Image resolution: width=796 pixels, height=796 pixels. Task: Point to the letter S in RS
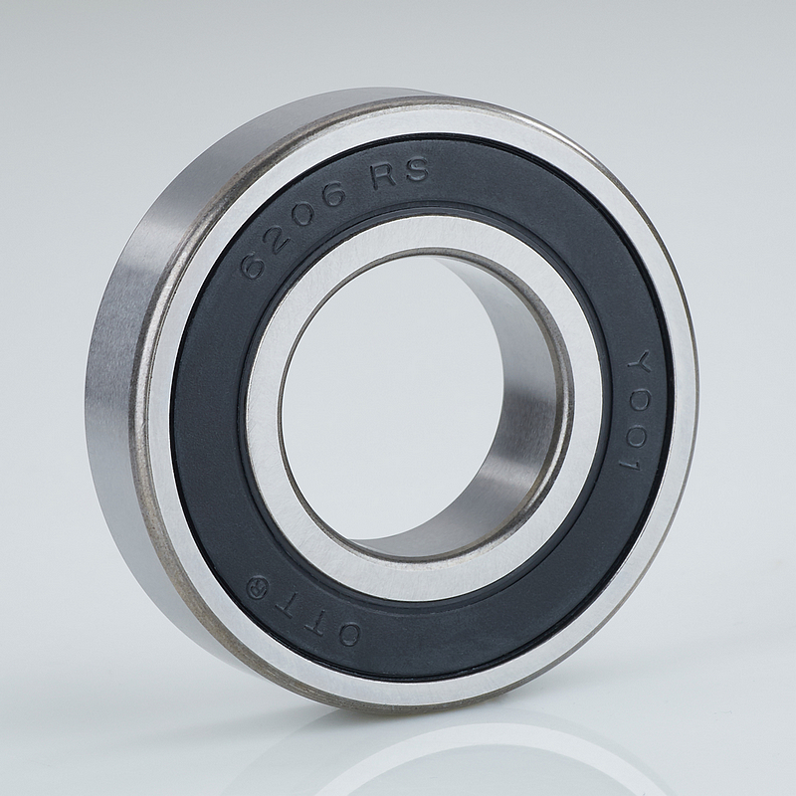(418, 170)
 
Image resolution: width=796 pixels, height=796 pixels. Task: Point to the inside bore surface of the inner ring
(512, 421)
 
